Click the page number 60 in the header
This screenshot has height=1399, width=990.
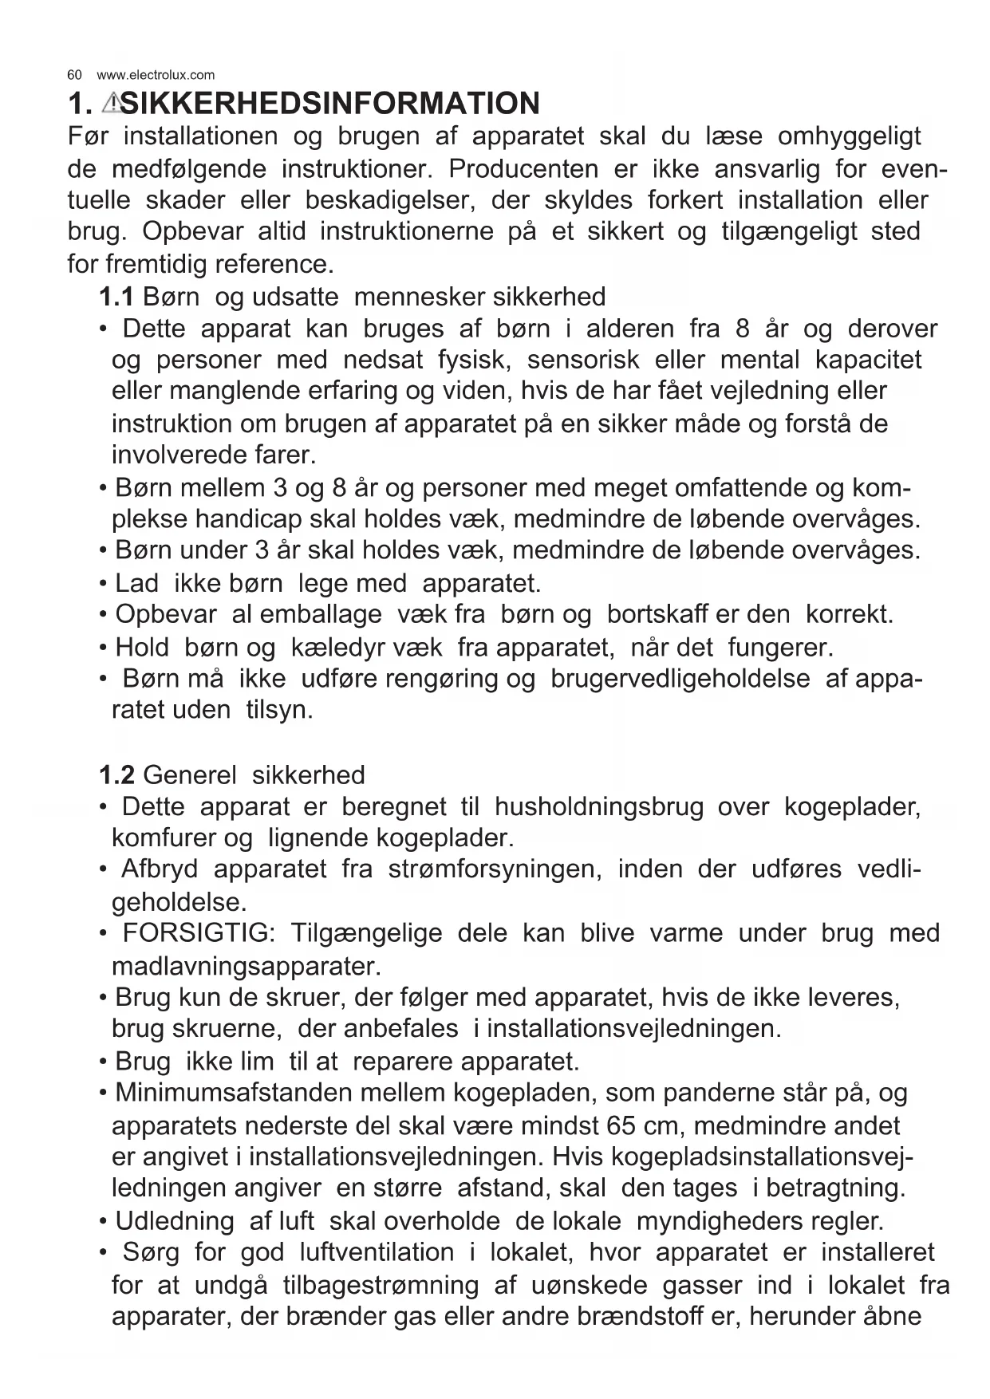[74, 75]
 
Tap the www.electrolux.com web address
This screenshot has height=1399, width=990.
[156, 75]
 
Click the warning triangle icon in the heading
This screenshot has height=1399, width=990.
[112, 103]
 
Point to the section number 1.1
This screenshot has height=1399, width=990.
[116, 297]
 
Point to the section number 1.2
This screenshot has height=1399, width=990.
[116, 774]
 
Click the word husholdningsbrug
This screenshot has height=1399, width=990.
[599, 806]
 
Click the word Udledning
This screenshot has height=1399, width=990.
[175, 1220]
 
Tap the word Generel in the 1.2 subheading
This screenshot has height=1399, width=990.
[190, 774]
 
